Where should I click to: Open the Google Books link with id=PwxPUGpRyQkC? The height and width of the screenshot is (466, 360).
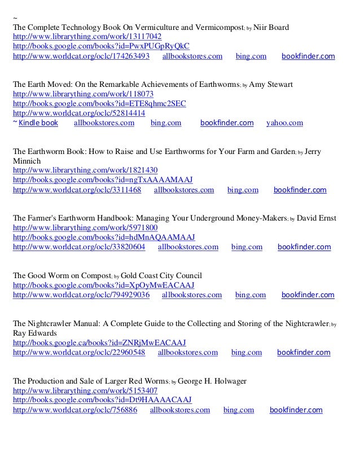tap(101, 46)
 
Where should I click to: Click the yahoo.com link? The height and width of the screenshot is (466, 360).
tap(284, 122)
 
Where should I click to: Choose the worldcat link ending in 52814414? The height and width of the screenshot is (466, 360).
tap(77, 113)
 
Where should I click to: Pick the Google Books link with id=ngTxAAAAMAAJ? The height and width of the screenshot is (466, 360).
tap(103, 180)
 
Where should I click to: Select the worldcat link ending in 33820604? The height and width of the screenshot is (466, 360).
tap(78, 247)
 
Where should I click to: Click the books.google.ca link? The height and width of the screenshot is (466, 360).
tap(99, 343)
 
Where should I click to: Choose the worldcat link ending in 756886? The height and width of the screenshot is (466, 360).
tap(74, 410)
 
